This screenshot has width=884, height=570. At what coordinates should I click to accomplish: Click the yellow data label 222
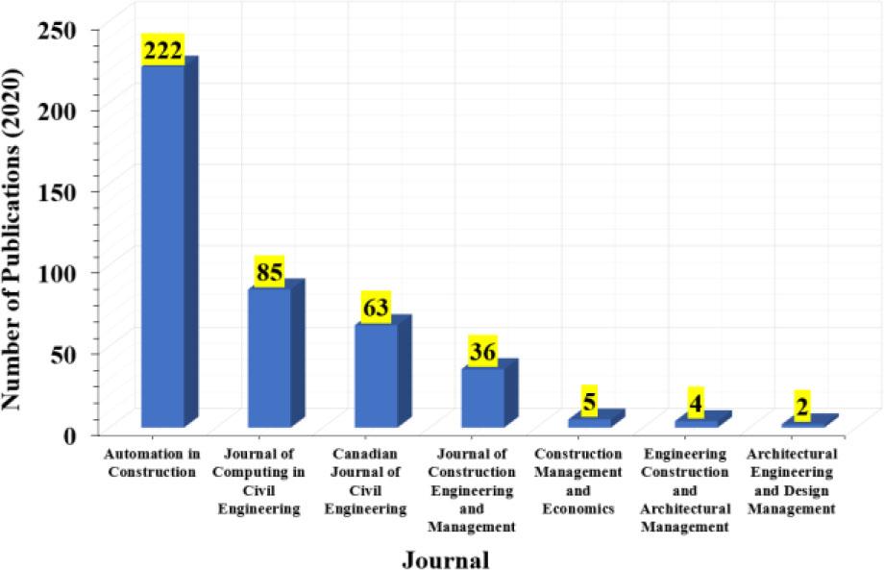[x=163, y=51]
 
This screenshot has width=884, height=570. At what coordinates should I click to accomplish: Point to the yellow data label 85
[x=270, y=272]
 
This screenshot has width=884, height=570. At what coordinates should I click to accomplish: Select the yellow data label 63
[x=376, y=308]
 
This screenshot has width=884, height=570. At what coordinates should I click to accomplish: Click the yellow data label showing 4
[x=696, y=404]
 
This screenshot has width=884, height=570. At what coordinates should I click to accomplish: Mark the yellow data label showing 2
[x=802, y=408]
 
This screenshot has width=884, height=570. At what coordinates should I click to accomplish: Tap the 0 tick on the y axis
[x=70, y=434]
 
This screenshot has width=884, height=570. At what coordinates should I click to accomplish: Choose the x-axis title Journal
[x=445, y=558]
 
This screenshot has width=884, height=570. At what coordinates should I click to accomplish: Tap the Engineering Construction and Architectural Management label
[x=685, y=489]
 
